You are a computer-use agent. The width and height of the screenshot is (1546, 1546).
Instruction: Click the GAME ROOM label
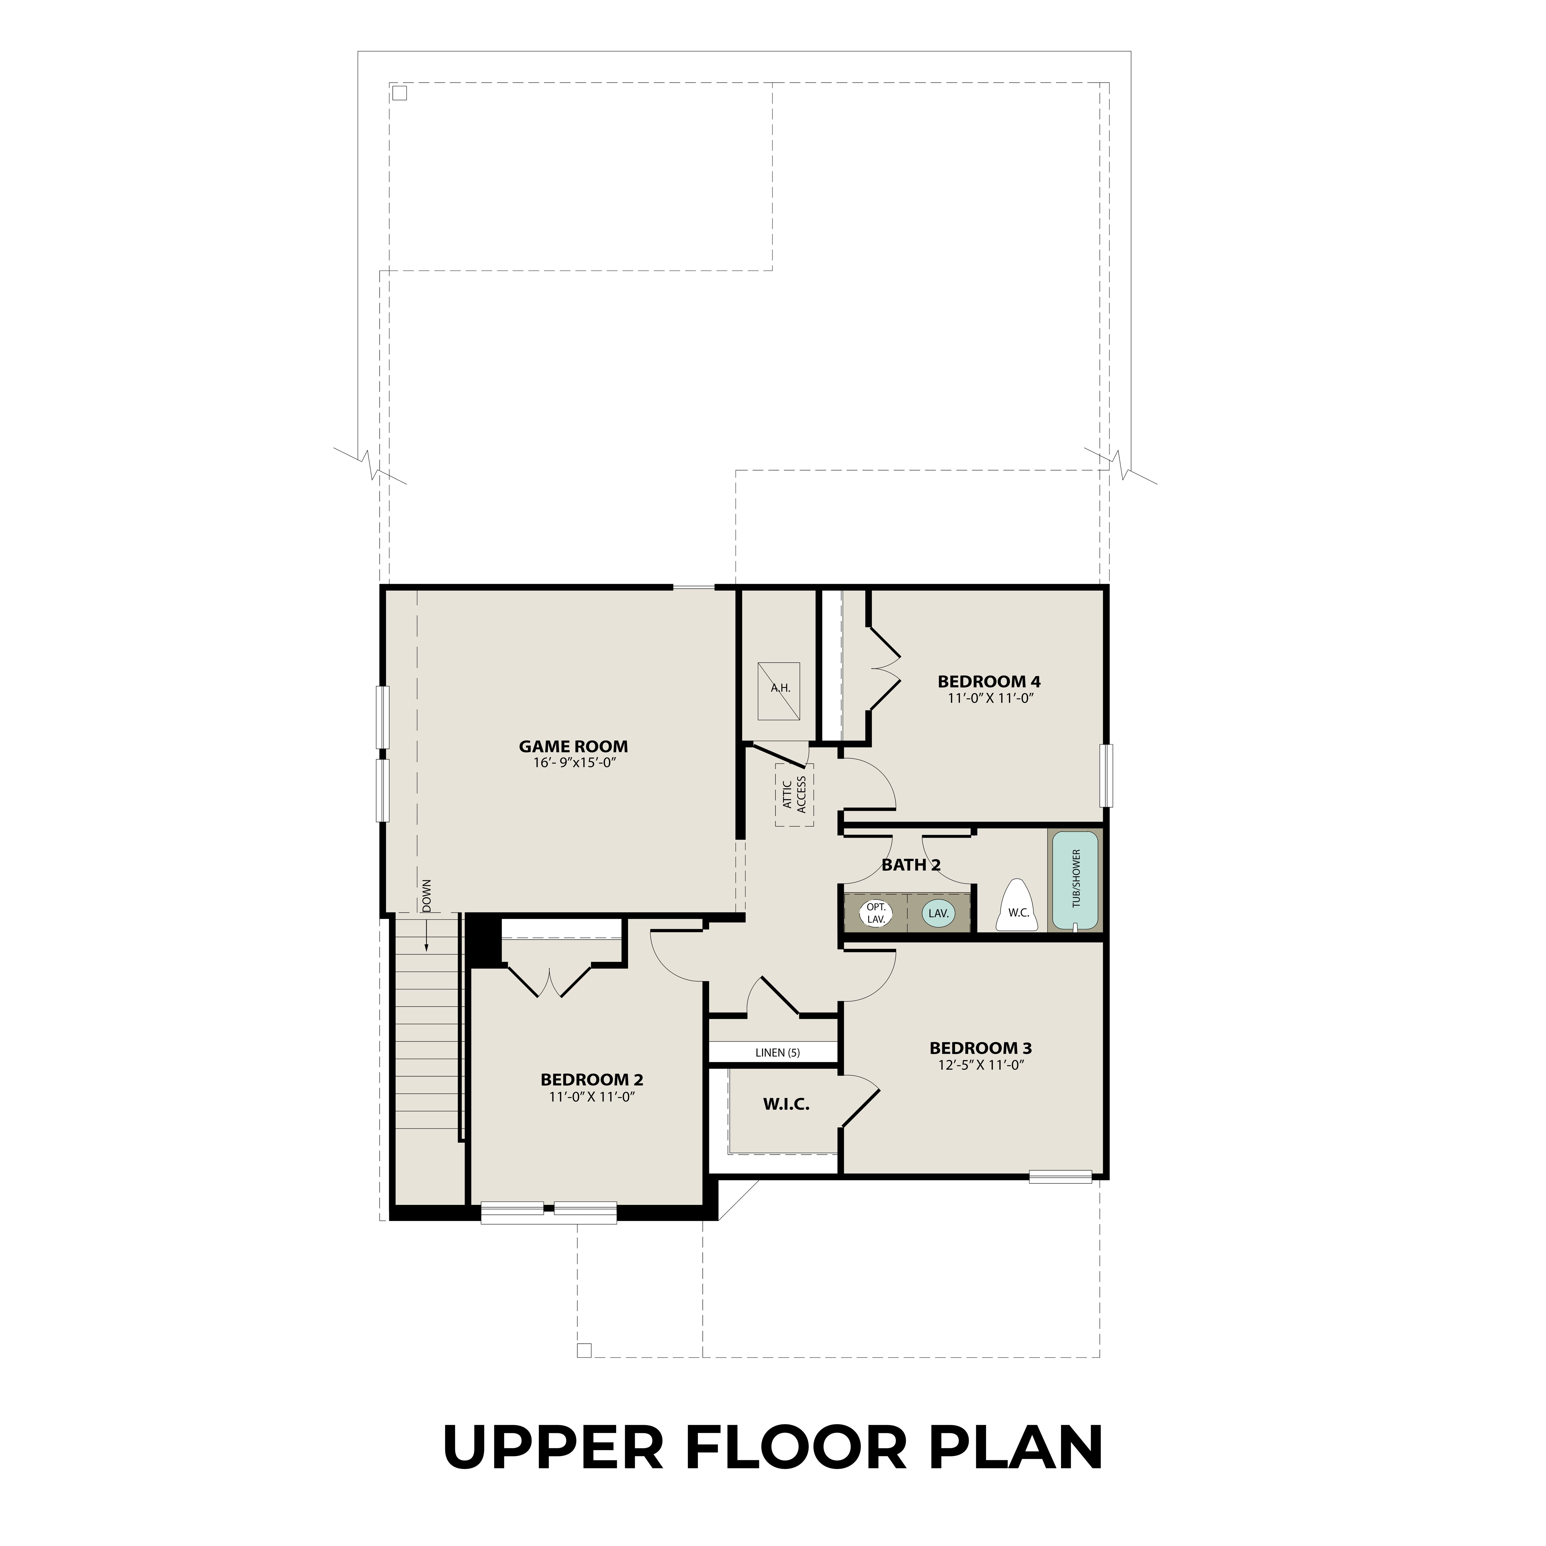(x=573, y=747)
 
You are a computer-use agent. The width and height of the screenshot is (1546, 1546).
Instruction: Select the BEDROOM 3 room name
(x=980, y=1048)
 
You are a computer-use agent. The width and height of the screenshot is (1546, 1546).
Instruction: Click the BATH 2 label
(x=911, y=865)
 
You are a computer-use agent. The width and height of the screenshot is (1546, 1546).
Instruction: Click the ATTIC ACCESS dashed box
(x=794, y=794)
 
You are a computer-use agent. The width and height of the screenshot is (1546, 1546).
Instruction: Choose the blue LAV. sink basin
(x=938, y=913)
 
